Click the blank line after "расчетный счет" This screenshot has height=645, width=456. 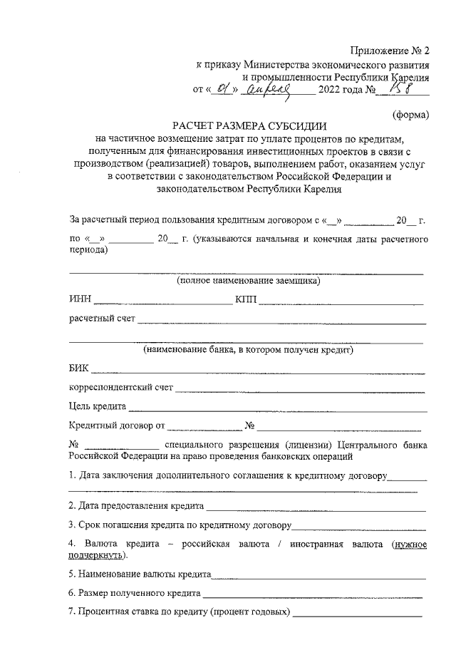pos(281,320)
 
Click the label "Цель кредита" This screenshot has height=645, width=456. pos(98,407)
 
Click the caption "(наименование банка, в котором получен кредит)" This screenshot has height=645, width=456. pos(249,350)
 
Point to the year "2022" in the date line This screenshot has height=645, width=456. pos(333,90)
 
